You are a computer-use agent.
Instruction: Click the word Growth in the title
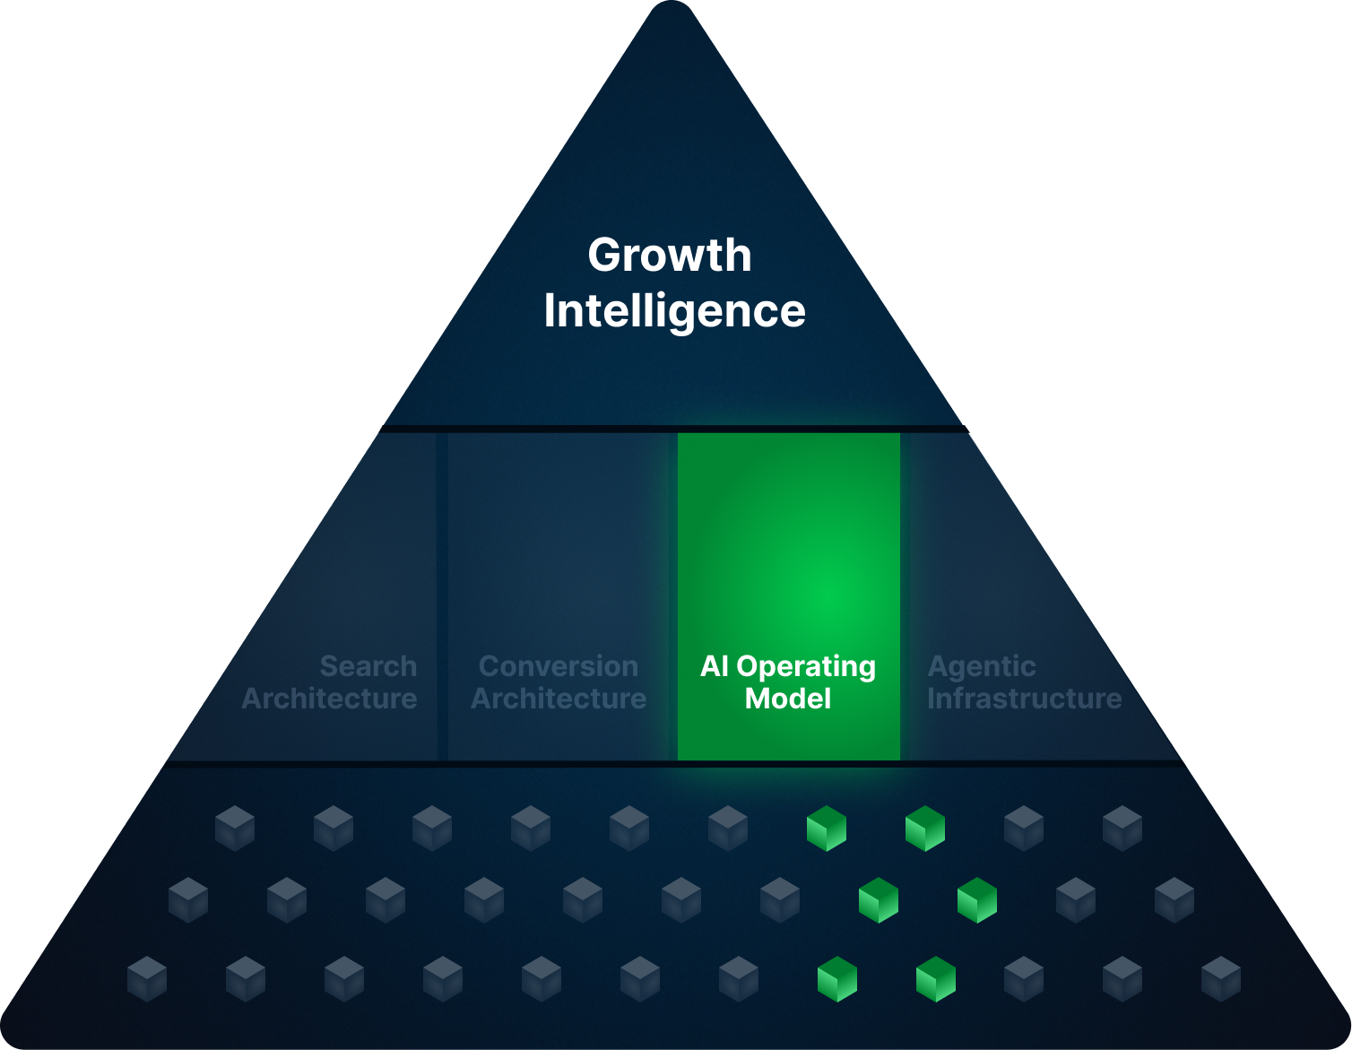click(x=670, y=256)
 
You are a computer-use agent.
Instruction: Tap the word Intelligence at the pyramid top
click(x=674, y=311)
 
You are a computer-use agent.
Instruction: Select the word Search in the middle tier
click(x=368, y=666)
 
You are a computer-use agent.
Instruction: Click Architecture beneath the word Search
click(x=329, y=699)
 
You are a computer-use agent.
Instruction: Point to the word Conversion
click(x=558, y=666)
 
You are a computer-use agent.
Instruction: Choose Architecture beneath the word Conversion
click(x=558, y=699)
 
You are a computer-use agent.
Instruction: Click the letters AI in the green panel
click(x=715, y=666)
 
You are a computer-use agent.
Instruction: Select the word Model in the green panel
click(x=788, y=699)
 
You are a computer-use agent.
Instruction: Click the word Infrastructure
click(x=1024, y=699)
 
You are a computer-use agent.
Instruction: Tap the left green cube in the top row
click(x=827, y=828)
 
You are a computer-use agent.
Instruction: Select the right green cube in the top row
click(x=925, y=828)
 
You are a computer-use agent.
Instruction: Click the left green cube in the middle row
click(x=879, y=900)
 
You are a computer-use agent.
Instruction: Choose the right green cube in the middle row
click(x=977, y=900)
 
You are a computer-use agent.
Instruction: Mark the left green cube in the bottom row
click(x=837, y=978)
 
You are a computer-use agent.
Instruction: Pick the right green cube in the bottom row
click(x=936, y=978)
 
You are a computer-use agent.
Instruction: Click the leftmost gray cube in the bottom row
click(x=147, y=978)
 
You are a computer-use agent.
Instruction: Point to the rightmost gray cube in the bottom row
click(x=1221, y=978)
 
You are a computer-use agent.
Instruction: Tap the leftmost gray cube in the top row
click(x=235, y=828)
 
